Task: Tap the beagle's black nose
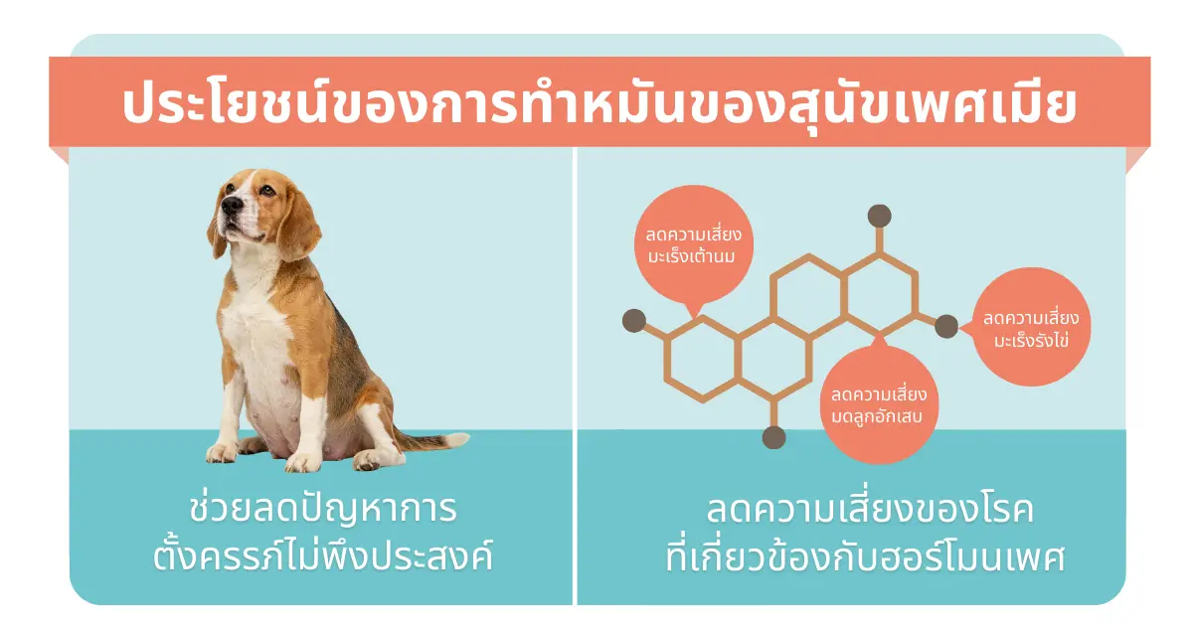pos(228,203)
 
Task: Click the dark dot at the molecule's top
pos(879,215)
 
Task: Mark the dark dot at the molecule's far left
pos(632,321)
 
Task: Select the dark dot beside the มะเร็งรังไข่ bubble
pos(946,325)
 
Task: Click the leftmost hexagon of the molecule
pos(702,359)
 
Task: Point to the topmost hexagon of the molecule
pos(879,288)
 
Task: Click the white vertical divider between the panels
pos(575,378)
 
